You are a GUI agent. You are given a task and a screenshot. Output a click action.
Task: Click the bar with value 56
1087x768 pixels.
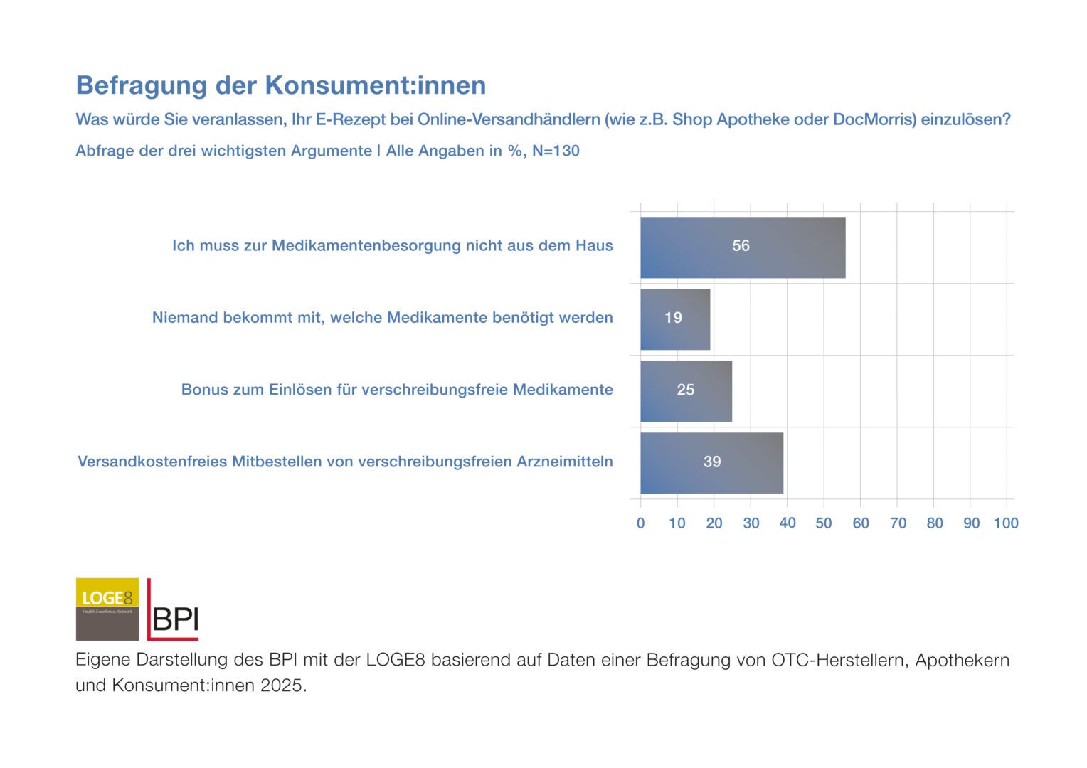742,247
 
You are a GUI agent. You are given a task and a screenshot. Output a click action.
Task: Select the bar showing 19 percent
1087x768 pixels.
675,319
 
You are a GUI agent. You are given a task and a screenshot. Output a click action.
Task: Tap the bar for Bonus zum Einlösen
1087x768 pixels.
686,391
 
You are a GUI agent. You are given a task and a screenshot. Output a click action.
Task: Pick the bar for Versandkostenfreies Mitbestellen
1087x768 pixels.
711,463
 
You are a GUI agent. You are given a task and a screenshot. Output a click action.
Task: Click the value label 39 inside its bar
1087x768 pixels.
712,462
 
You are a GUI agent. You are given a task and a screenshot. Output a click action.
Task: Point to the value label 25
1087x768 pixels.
686,390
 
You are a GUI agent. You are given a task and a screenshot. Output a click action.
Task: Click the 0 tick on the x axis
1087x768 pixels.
640,523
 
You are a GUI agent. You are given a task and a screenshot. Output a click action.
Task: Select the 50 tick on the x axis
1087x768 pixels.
824,523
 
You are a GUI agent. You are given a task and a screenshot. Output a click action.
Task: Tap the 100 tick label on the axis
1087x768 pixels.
1006,523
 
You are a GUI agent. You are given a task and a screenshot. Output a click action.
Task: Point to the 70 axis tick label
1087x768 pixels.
898,523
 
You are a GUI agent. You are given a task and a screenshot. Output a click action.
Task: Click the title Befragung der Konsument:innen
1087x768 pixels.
281,85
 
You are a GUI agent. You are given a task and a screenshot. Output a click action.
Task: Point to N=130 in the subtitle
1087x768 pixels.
556,151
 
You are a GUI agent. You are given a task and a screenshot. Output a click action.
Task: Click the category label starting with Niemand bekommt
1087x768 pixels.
382,318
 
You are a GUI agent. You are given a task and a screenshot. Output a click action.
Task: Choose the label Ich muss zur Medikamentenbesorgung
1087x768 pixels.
392,246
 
